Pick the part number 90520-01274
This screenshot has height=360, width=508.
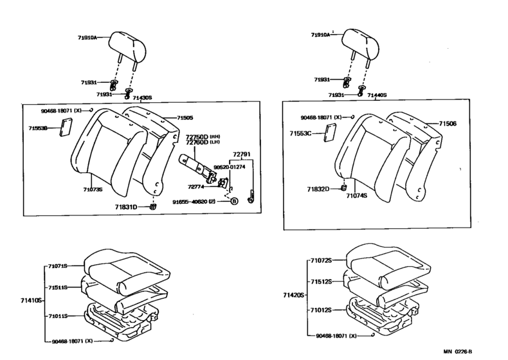point(228,167)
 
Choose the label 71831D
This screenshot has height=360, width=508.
point(128,207)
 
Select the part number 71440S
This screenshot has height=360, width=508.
point(376,95)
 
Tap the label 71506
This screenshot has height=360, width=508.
point(448,123)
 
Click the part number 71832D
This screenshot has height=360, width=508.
point(318,189)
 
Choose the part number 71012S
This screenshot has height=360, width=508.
point(320,310)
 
